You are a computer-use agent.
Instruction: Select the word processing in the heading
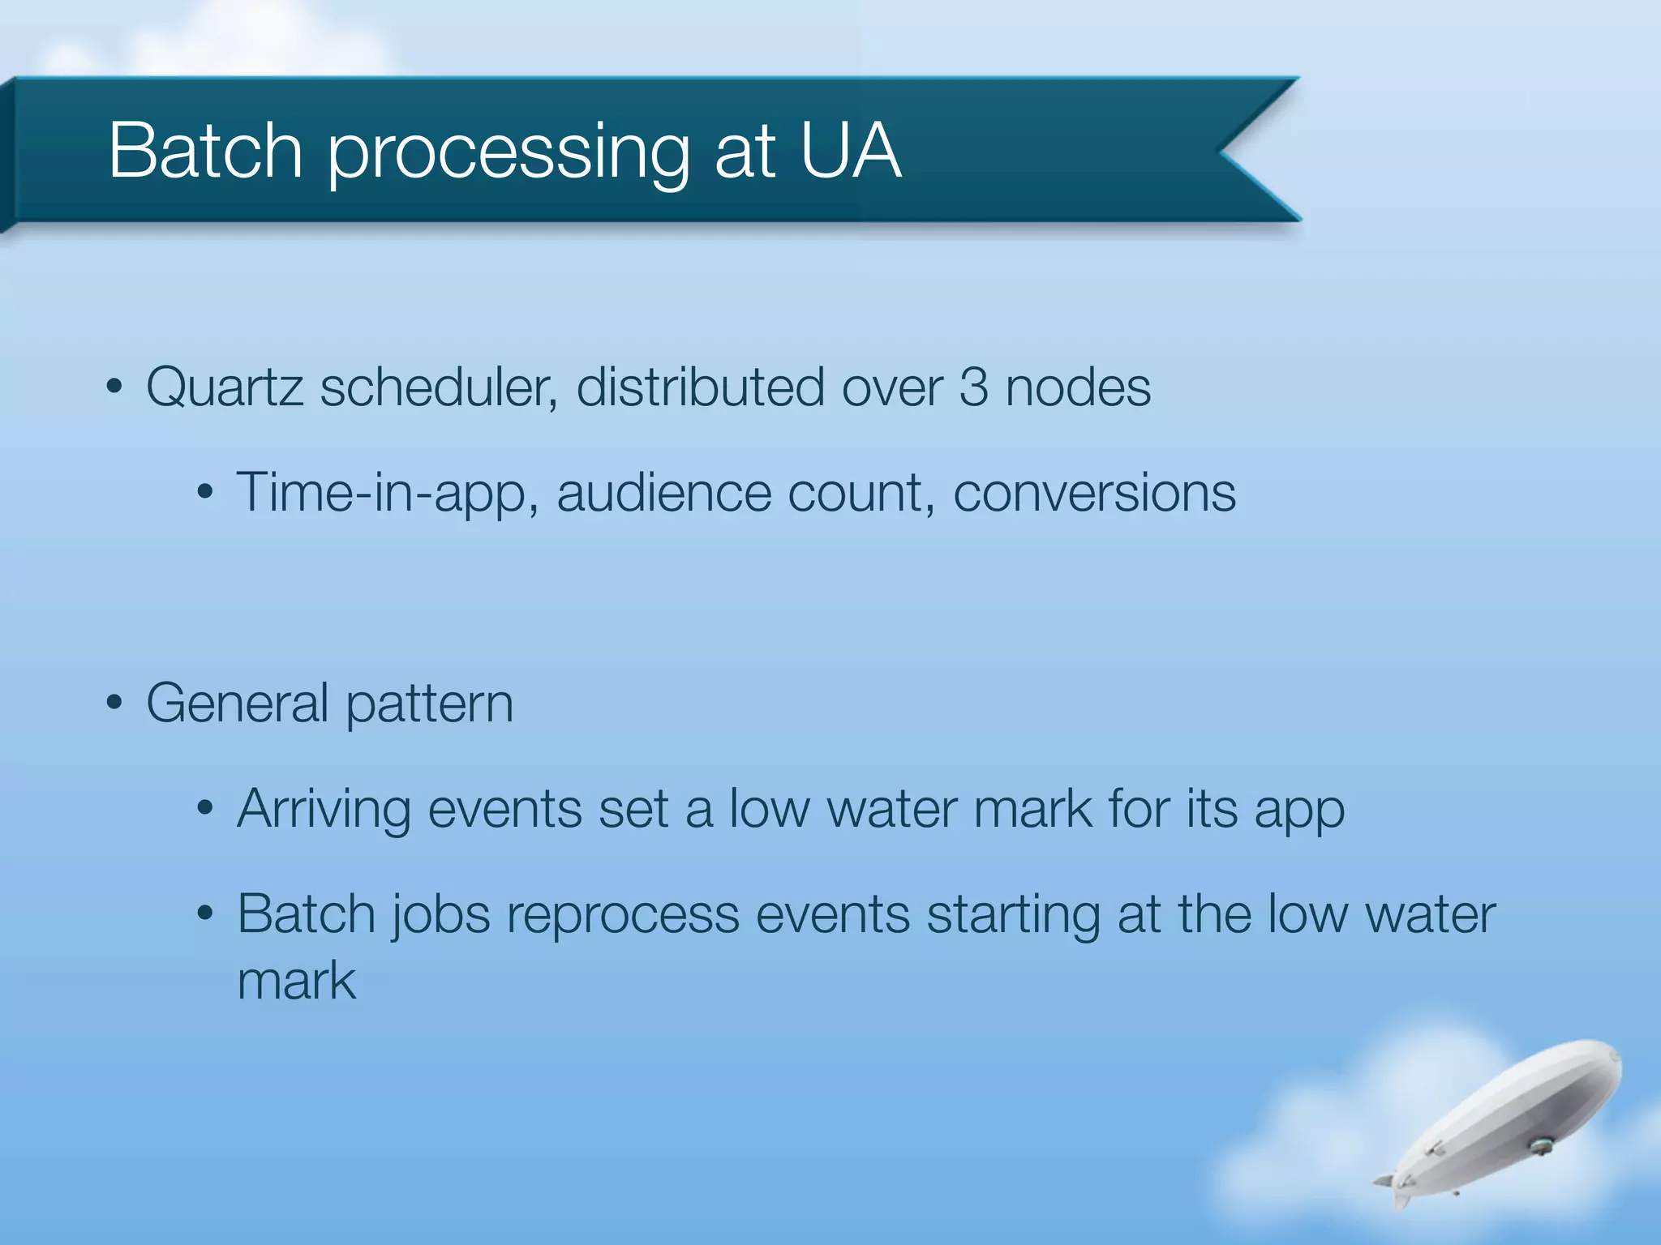(x=508, y=156)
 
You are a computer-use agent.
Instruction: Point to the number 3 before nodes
(x=973, y=388)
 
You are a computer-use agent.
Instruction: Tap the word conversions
(x=1094, y=494)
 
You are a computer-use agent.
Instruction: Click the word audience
(x=663, y=494)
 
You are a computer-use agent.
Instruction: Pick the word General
(x=237, y=704)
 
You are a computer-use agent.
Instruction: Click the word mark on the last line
(x=296, y=982)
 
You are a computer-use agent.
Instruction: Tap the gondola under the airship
(x=1540, y=1145)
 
